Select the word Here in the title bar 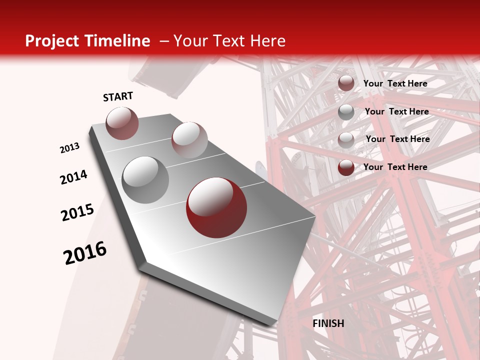pyautogui.click(x=267, y=41)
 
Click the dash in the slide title pyautogui.click(x=164, y=41)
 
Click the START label pyautogui.click(x=118, y=97)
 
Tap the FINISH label pyautogui.click(x=328, y=323)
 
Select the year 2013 pyautogui.click(x=69, y=148)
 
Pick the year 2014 pyautogui.click(x=73, y=177)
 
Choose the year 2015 pyautogui.click(x=77, y=212)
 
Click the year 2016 pyautogui.click(x=85, y=253)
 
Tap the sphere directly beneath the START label pyautogui.click(x=122, y=123)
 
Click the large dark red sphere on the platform pyautogui.click(x=216, y=207)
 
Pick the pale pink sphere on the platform pyautogui.click(x=189, y=140)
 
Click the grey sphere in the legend pyautogui.click(x=346, y=112)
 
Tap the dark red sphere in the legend pyautogui.click(x=346, y=167)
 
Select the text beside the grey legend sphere pyautogui.click(x=396, y=111)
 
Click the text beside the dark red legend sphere pyautogui.click(x=395, y=167)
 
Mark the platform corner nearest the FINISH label pyautogui.click(x=274, y=324)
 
